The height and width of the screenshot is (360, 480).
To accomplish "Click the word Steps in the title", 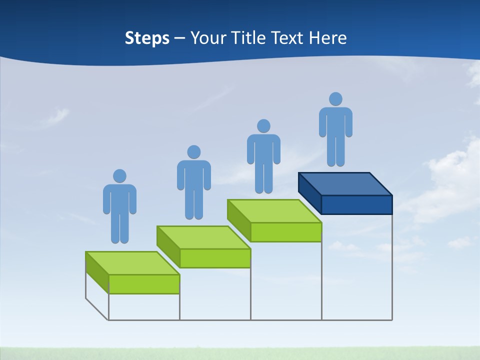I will click(147, 38).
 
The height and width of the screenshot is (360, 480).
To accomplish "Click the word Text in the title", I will click(287, 38).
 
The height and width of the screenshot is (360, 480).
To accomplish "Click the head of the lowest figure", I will click(119, 176).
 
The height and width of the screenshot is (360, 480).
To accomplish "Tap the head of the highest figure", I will click(335, 99).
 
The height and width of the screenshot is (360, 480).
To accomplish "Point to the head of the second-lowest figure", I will click(193, 152).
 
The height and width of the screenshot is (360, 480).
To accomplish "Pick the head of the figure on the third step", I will click(263, 126).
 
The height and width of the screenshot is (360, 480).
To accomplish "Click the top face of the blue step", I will click(345, 183).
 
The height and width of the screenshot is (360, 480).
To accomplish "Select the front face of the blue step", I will click(356, 204).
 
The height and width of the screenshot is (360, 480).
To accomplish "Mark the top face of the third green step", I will click(274, 211).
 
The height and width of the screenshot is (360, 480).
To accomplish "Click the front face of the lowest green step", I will click(144, 284).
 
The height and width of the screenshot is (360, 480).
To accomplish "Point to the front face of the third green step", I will click(286, 232).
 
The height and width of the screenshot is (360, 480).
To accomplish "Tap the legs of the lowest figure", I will click(119, 227).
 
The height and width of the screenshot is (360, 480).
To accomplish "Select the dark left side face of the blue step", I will click(309, 192).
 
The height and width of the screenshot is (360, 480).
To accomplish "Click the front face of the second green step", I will click(215, 258).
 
